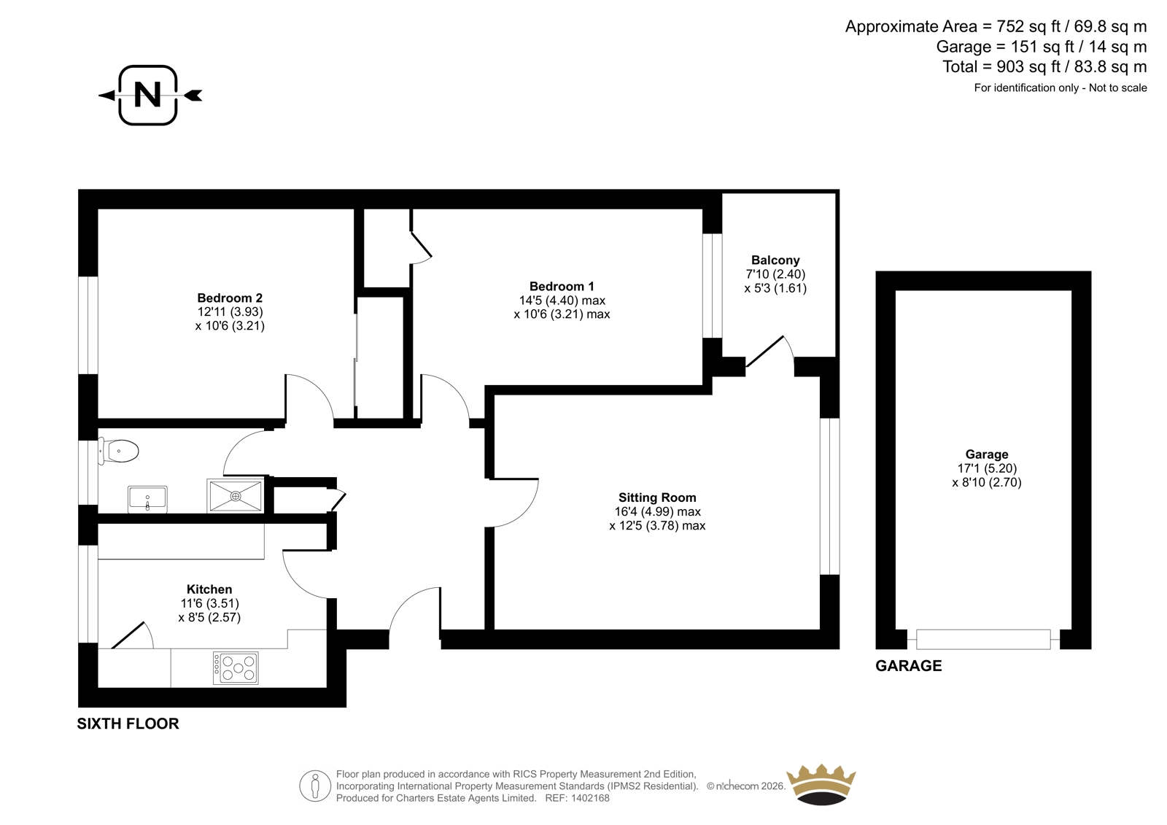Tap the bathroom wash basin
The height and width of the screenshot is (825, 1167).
tap(147, 499)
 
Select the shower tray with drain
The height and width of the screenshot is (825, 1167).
tap(236, 495)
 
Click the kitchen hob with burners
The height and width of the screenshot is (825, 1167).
tap(236, 668)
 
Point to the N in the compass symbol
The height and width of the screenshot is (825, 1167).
tap(147, 95)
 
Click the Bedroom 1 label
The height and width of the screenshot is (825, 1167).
tap(562, 286)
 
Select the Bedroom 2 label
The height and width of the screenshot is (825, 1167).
tap(230, 298)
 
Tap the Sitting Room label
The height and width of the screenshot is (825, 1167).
tap(657, 497)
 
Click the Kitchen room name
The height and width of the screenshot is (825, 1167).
tap(209, 589)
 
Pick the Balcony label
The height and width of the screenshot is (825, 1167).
tap(775, 260)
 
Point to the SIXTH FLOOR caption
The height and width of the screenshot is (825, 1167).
tap(128, 724)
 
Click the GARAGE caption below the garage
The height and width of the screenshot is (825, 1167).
tap(909, 666)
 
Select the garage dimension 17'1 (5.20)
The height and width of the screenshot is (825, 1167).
tap(988, 468)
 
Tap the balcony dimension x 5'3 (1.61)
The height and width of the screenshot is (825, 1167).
tap(775, 288)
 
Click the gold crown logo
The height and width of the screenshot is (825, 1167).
tap(821, 785)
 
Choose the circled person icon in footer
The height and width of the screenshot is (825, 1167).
tap(315, 786)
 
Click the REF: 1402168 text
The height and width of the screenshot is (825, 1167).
tap(577, 799)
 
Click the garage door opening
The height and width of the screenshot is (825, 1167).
tap(984, 640)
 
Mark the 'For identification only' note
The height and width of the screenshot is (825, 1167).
tap(1061, 88)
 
